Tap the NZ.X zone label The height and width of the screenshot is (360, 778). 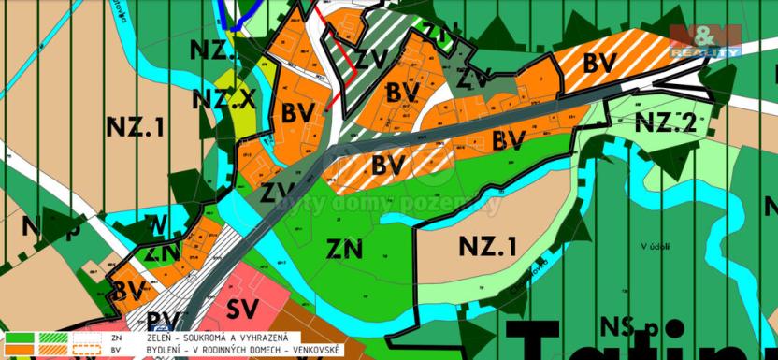(x=223, y=98)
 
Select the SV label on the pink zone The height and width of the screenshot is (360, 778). (x=243, y=310)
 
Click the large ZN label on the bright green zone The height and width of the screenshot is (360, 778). (x=346, y=248)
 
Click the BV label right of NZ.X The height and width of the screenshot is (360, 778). (x=296, y=112)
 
